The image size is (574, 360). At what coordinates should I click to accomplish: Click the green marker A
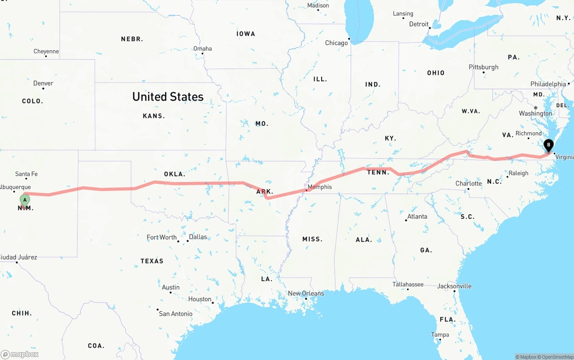[x=25, y=200]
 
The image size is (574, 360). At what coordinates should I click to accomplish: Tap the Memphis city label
[x=320, y=187]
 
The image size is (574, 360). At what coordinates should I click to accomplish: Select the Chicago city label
[x=336, y=43]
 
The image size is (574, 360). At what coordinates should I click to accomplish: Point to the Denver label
[x=43, y=83]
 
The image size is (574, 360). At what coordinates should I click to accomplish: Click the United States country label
[x=168, y=96]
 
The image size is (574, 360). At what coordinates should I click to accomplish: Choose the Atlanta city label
[x=417, y=217]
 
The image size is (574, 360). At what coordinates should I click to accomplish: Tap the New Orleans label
[x=306, y=294]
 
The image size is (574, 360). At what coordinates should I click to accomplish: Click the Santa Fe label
[x=26, y=174]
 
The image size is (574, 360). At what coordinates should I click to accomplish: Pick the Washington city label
[x=535, y=113]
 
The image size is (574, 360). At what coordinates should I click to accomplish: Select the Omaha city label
[x=203, y=49]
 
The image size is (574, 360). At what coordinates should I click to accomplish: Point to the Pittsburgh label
[x=483, y=67]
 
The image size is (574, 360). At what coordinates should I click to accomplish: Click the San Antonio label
[x=176, y=314]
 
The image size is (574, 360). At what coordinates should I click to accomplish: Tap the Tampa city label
[x=440, y=335]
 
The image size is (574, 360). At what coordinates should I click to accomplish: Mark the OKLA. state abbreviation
[x=174, y=174]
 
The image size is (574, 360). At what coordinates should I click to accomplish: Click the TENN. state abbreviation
[x=378, y=172]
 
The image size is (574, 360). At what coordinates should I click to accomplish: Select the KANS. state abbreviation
[x=154, y=116]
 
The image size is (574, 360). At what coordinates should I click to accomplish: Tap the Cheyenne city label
[x=46, y=52]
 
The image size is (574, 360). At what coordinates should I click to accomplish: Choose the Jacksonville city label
[x=454, y=286]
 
